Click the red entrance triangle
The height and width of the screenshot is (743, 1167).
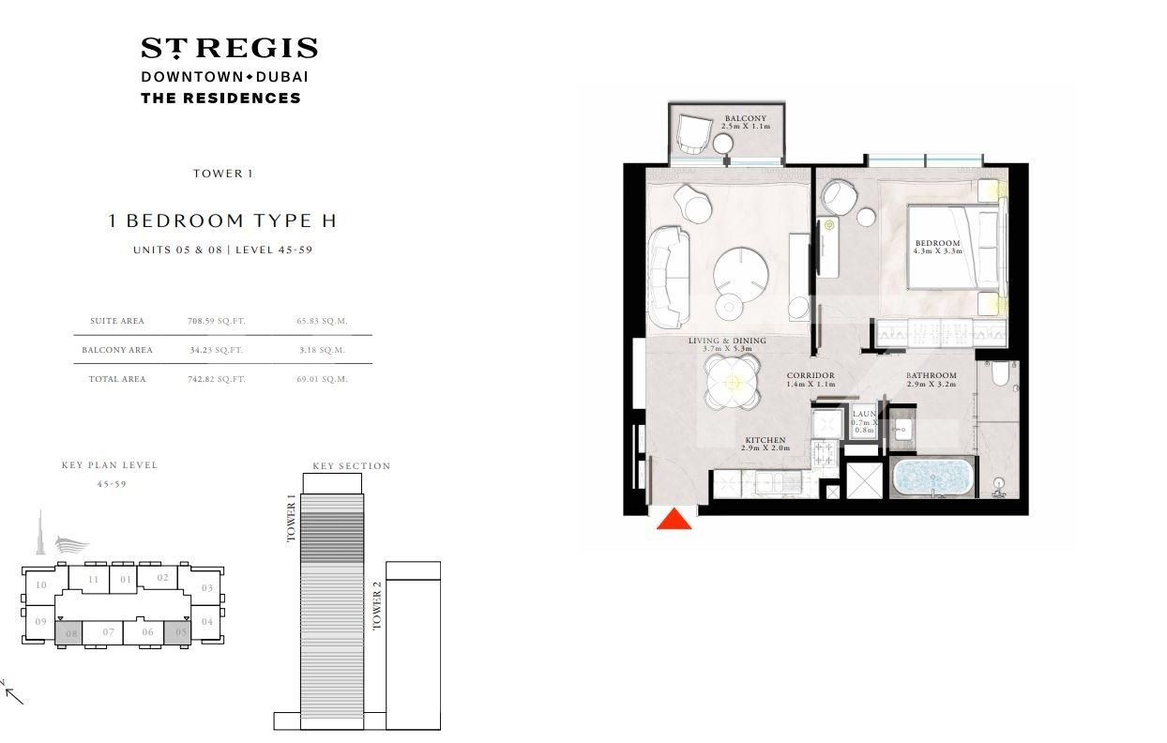coord(674,520)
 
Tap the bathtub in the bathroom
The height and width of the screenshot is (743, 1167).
coord(932,478)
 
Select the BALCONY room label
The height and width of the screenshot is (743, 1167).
coord(746,118)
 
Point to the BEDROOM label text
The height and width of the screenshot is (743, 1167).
coord(937,243)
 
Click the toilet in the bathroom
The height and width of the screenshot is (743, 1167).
coord(1000,373)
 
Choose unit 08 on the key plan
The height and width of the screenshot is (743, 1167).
coord(68,633)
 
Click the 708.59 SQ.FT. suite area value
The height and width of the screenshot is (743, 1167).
coord(216,321)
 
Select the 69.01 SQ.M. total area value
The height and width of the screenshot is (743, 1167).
coord(322,379)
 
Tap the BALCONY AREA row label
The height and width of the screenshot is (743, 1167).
coord(117,350)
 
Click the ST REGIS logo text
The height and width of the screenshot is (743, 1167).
coord(229,48)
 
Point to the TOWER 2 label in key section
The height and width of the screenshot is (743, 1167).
coord(377,605)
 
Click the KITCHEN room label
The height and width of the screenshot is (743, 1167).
coord(765,440)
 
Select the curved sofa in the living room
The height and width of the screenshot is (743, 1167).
coord(669,277)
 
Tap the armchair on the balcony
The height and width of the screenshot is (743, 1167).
coord(693,134)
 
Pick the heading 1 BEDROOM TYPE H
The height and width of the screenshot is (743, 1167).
coord(222,220)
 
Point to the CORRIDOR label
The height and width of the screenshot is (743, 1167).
coord(811,375)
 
